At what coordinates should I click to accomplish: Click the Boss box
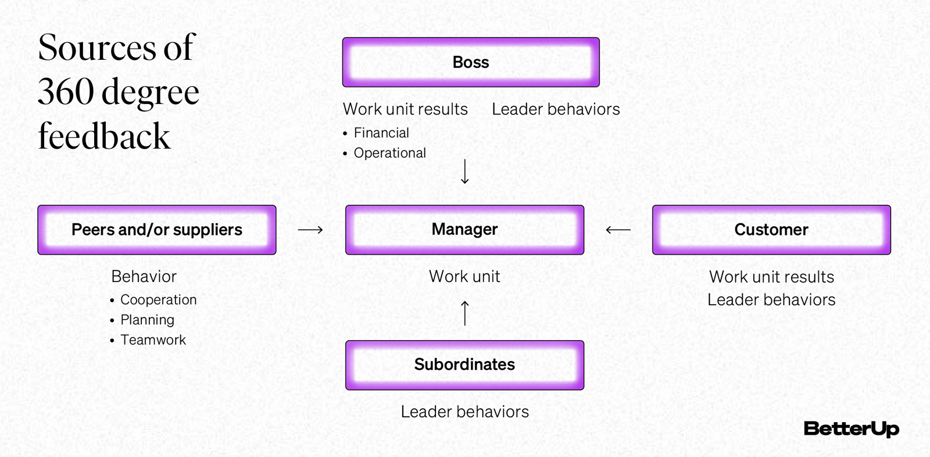click(x=471, y=62)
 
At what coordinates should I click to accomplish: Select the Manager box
click(x=464, y=230)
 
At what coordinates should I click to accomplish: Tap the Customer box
click(x=771, y=230)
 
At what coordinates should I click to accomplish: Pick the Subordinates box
click(x=464, y=365)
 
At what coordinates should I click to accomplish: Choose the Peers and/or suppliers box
click(x=157, y=230)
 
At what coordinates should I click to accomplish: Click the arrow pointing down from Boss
click(x=464, y=172)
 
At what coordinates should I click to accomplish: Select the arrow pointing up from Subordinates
click(x=464, y=313)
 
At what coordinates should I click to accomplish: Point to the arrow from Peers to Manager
click(x=310, y=230)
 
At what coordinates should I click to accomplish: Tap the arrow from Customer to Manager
click(x=618, y=230)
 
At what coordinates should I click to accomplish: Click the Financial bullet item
click(x=381, y=133)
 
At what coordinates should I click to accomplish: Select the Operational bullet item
click(x=389, y=153)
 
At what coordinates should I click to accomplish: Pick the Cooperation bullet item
click(x=158, y=300)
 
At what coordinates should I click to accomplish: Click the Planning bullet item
click(x=147, y=320)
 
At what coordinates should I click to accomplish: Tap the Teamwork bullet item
click(x=153, y=340)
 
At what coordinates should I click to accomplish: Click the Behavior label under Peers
click(x=144, y=277)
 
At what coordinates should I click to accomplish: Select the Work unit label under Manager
click(x=464, y=277)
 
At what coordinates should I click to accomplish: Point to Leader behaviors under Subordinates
click(x=464, y=412)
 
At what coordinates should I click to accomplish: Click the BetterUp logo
click(x=851, y=429)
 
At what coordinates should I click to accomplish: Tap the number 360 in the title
click(x=66, y=92)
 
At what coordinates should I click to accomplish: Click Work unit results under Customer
click(x=771, y=277)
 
